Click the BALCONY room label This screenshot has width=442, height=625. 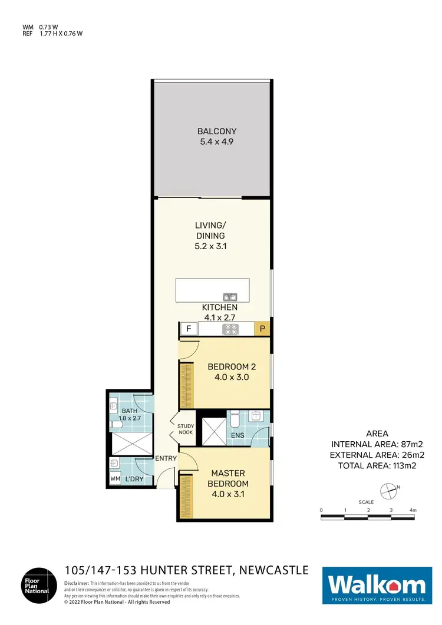click(x=212, y=136)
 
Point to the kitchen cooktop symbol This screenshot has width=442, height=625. click(x=230, y=329)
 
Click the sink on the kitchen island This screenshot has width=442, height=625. click(x=229, y=297)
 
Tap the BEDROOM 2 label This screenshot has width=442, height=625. click(x=231, y=372)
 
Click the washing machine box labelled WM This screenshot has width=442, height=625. click(x=116, y=480)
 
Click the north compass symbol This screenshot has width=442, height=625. click(x=388, y=488)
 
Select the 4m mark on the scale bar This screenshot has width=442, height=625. click(x=412, y=510)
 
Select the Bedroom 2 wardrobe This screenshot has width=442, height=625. click(x=187, y=384)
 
